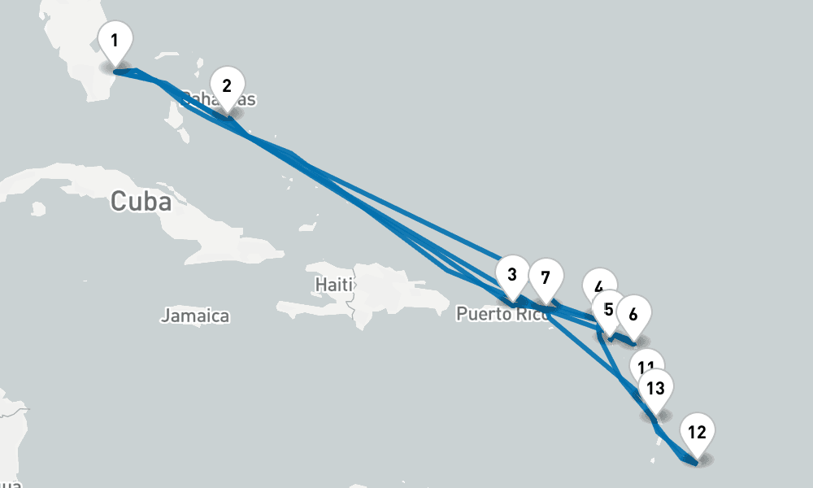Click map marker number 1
point(115,41)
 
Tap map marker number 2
point(227,86)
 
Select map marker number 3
point(511,275)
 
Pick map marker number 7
point(546,278)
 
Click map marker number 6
point(634,314)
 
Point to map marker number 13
point(655,389)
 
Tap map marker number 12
point(697,433)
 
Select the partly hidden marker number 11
point(648,363)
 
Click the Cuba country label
point(141,201)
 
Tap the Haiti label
point(334,285)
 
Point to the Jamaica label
point(195,316)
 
